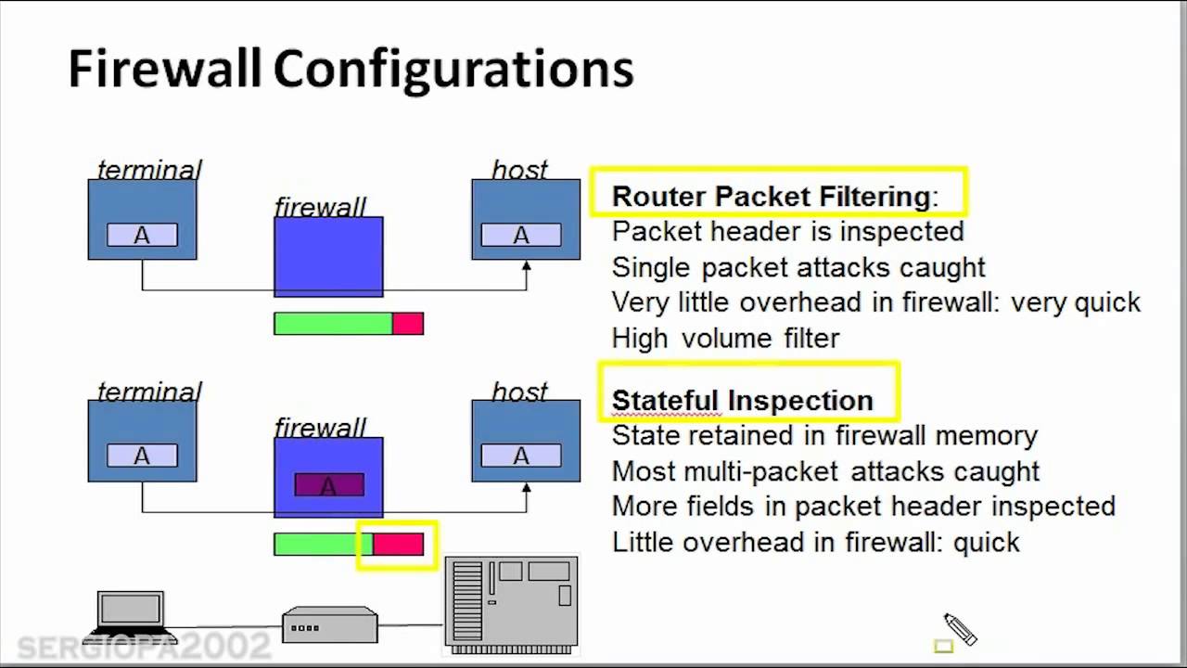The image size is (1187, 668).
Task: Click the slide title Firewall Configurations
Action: click(x=351, y=70)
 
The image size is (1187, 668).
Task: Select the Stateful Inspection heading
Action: click(x=742, y=400)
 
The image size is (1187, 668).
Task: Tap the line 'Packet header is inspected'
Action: click(x=788, y=231)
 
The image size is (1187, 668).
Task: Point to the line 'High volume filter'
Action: click(x=725, y=338)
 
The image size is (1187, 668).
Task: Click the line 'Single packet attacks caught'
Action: click(x=798, y=267)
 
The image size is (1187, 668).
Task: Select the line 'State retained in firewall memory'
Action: click(x=824, y=435)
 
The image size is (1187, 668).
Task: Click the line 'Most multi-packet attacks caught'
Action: click(x=825, y=471)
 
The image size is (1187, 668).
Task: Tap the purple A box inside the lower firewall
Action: click(x=329, y=485)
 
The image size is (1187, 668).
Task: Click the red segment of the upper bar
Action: click(x=408, y=324)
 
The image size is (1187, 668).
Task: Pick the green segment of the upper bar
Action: click(x=333, y=324)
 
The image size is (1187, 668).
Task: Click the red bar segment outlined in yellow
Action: click(x=399, y=545)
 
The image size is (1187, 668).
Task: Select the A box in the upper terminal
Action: click(x=142, y=236)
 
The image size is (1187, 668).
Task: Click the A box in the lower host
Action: click(x=521, y=456)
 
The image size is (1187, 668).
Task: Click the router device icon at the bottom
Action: click(x=330, y=624)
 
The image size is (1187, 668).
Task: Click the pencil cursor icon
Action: click(x=960, y=629)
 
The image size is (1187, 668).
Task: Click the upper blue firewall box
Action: click(x=328, y=257)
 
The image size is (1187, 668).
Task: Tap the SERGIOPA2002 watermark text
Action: click(x=144, y=647)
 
